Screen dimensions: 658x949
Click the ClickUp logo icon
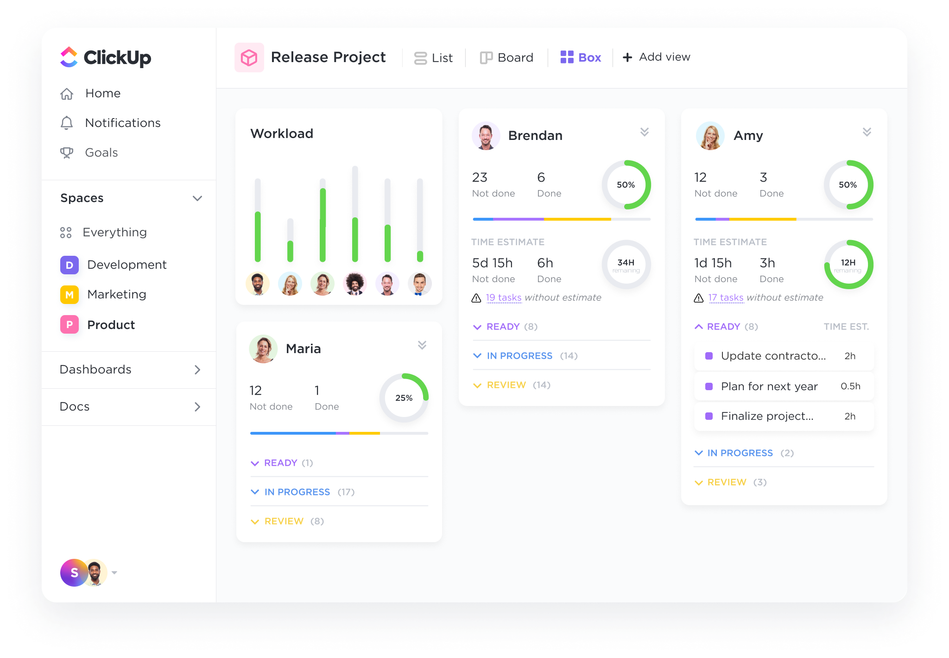(69, 57)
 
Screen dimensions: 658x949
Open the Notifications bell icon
(67, 123)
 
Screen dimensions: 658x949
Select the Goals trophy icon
(67, 152)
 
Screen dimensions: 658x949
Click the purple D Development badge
(70, 265)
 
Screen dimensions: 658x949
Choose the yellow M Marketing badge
(70, 295)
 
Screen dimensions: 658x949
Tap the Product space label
(111, 325)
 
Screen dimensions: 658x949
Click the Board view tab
(506, 57)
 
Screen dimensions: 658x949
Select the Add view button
(656, 57)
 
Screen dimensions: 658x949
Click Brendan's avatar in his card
(486, 136)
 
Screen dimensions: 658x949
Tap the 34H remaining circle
(626, 265)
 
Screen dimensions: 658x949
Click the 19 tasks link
(503, 297)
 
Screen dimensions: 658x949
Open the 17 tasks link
(726, 297)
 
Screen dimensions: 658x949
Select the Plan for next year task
(769, 386)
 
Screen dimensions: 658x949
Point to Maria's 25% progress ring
(404, 398)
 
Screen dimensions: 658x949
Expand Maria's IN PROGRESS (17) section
(297, 492)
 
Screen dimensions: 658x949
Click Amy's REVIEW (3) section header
(727, 482)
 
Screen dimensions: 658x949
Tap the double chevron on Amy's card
(867, 132)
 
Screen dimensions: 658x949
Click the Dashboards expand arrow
(197, 370)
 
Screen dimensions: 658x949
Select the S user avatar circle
(74, 573)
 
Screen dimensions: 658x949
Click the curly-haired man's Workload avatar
(355, 284)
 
